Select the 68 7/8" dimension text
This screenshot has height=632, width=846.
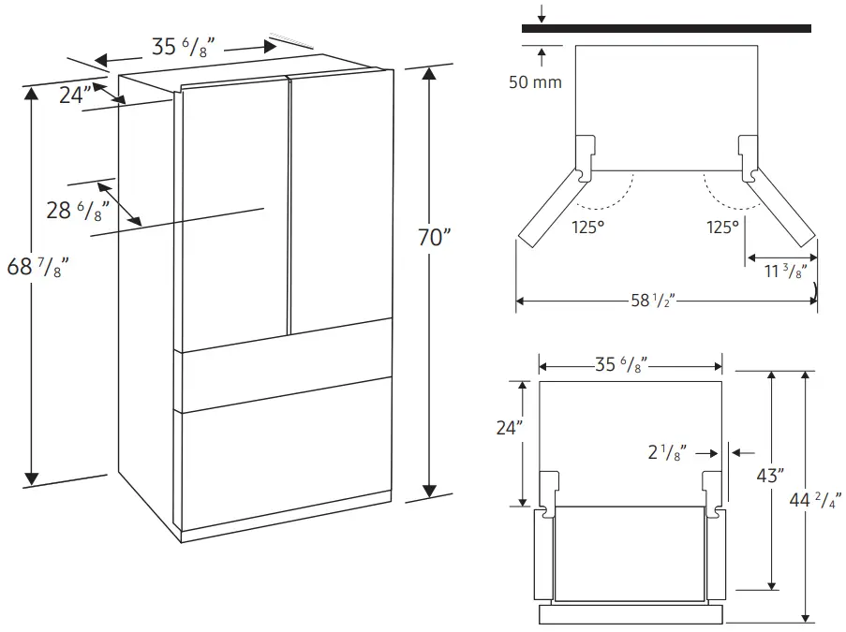(x=37, y=270)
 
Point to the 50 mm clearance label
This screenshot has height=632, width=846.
(x=535, y=82)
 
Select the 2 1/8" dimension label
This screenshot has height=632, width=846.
(x=667, y=453)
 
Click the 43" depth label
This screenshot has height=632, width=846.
(x=770, y=476)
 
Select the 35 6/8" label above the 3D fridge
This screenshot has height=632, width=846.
(x=185, y=47)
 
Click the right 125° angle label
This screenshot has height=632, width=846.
(x=721, y=227)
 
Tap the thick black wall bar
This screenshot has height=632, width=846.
(x=666, y=29)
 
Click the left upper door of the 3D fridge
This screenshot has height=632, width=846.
(x=234, y=215)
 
